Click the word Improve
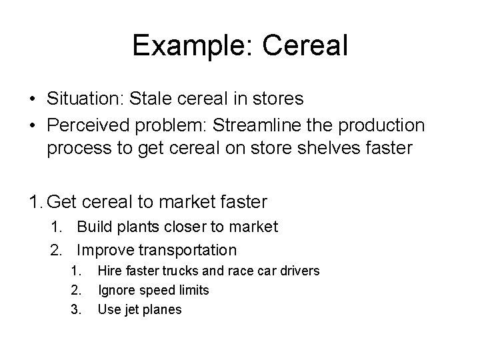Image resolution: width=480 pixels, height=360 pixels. click(x=105, y=250)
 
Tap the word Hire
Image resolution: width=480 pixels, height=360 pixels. click(x=109, y=271)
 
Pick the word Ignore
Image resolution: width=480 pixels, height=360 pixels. click(x=116, y=290)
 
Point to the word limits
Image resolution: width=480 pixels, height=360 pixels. click(x=192, y=290)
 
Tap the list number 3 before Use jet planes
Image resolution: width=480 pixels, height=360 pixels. click(x=75, y=309)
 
